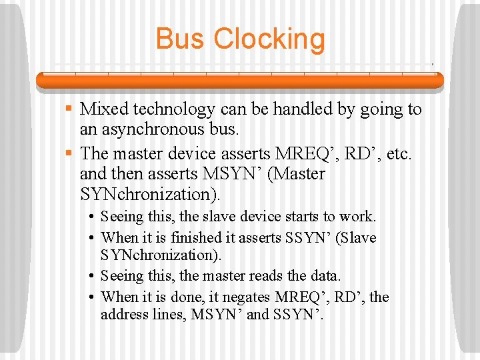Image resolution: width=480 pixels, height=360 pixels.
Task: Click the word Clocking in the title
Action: pyautogui.click(x=269, y=40)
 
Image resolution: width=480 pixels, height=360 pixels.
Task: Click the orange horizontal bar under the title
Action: pyautogui.click(x=240, y=81)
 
